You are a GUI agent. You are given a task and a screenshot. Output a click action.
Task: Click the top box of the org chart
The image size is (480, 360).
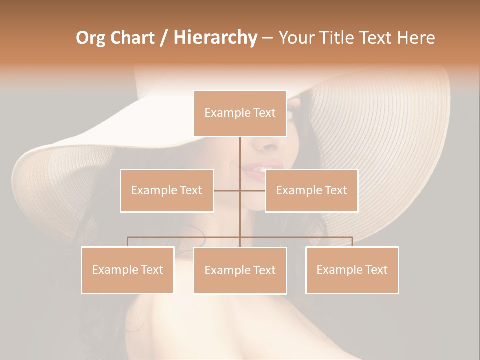click(240, 113)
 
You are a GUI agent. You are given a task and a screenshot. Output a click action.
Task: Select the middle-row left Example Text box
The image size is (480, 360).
click(167, 191)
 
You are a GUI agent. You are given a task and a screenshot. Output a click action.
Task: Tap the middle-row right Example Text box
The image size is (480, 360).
click(311, 191)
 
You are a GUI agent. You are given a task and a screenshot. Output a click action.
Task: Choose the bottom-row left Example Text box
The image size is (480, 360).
click(127, 270)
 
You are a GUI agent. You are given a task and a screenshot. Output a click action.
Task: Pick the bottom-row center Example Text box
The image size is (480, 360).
click(240, 270)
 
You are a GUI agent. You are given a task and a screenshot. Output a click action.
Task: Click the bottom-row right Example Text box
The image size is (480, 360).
click(352, 270)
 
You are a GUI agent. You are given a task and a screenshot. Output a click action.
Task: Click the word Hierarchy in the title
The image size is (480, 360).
click(215, 38)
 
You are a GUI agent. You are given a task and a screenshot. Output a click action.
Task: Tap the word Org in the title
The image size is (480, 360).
click(91, 38)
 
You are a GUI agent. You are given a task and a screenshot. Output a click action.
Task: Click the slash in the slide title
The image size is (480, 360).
click(164, 38)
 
